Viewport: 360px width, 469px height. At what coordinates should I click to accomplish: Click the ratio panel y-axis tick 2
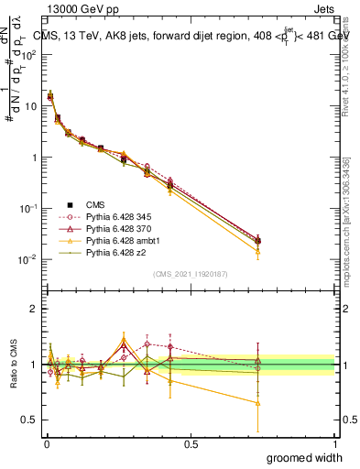click(x=33, y=309)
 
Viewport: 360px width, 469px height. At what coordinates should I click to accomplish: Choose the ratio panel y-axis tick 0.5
click(x=29, y=420)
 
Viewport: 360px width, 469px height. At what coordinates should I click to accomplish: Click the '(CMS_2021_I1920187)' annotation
click(x=191, y=273)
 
